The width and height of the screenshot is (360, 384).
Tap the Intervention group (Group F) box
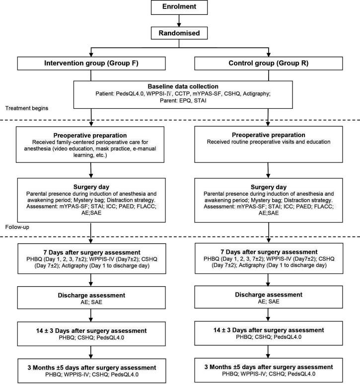[x=91, y=64]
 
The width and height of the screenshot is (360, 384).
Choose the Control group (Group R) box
[x=269, y=64]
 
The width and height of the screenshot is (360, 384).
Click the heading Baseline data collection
[x=180, y=85]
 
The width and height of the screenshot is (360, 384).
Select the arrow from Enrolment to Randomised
[x=179, y=21]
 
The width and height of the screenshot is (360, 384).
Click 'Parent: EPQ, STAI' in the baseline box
[x=180, y=101]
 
